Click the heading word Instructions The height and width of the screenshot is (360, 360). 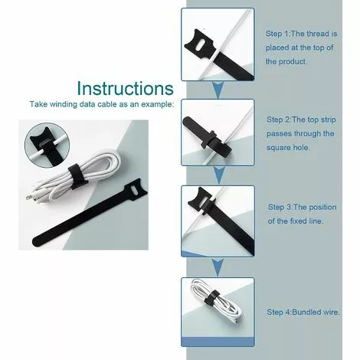(x=125, y=88)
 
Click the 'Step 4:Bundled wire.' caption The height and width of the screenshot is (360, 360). (x=303, y=312)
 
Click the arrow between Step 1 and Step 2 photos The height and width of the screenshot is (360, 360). (x=218, y=90)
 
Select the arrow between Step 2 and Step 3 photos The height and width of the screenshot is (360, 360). (x=219, y=175)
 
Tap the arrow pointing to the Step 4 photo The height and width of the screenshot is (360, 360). (x=218, y=267)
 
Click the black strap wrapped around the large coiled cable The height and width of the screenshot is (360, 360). (x=76, y=177)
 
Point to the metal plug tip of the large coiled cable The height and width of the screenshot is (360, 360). (x=28, y=197)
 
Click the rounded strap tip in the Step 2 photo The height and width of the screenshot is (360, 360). (x=188, y=122)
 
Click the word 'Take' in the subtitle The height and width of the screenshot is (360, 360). (x=38, y=104)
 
